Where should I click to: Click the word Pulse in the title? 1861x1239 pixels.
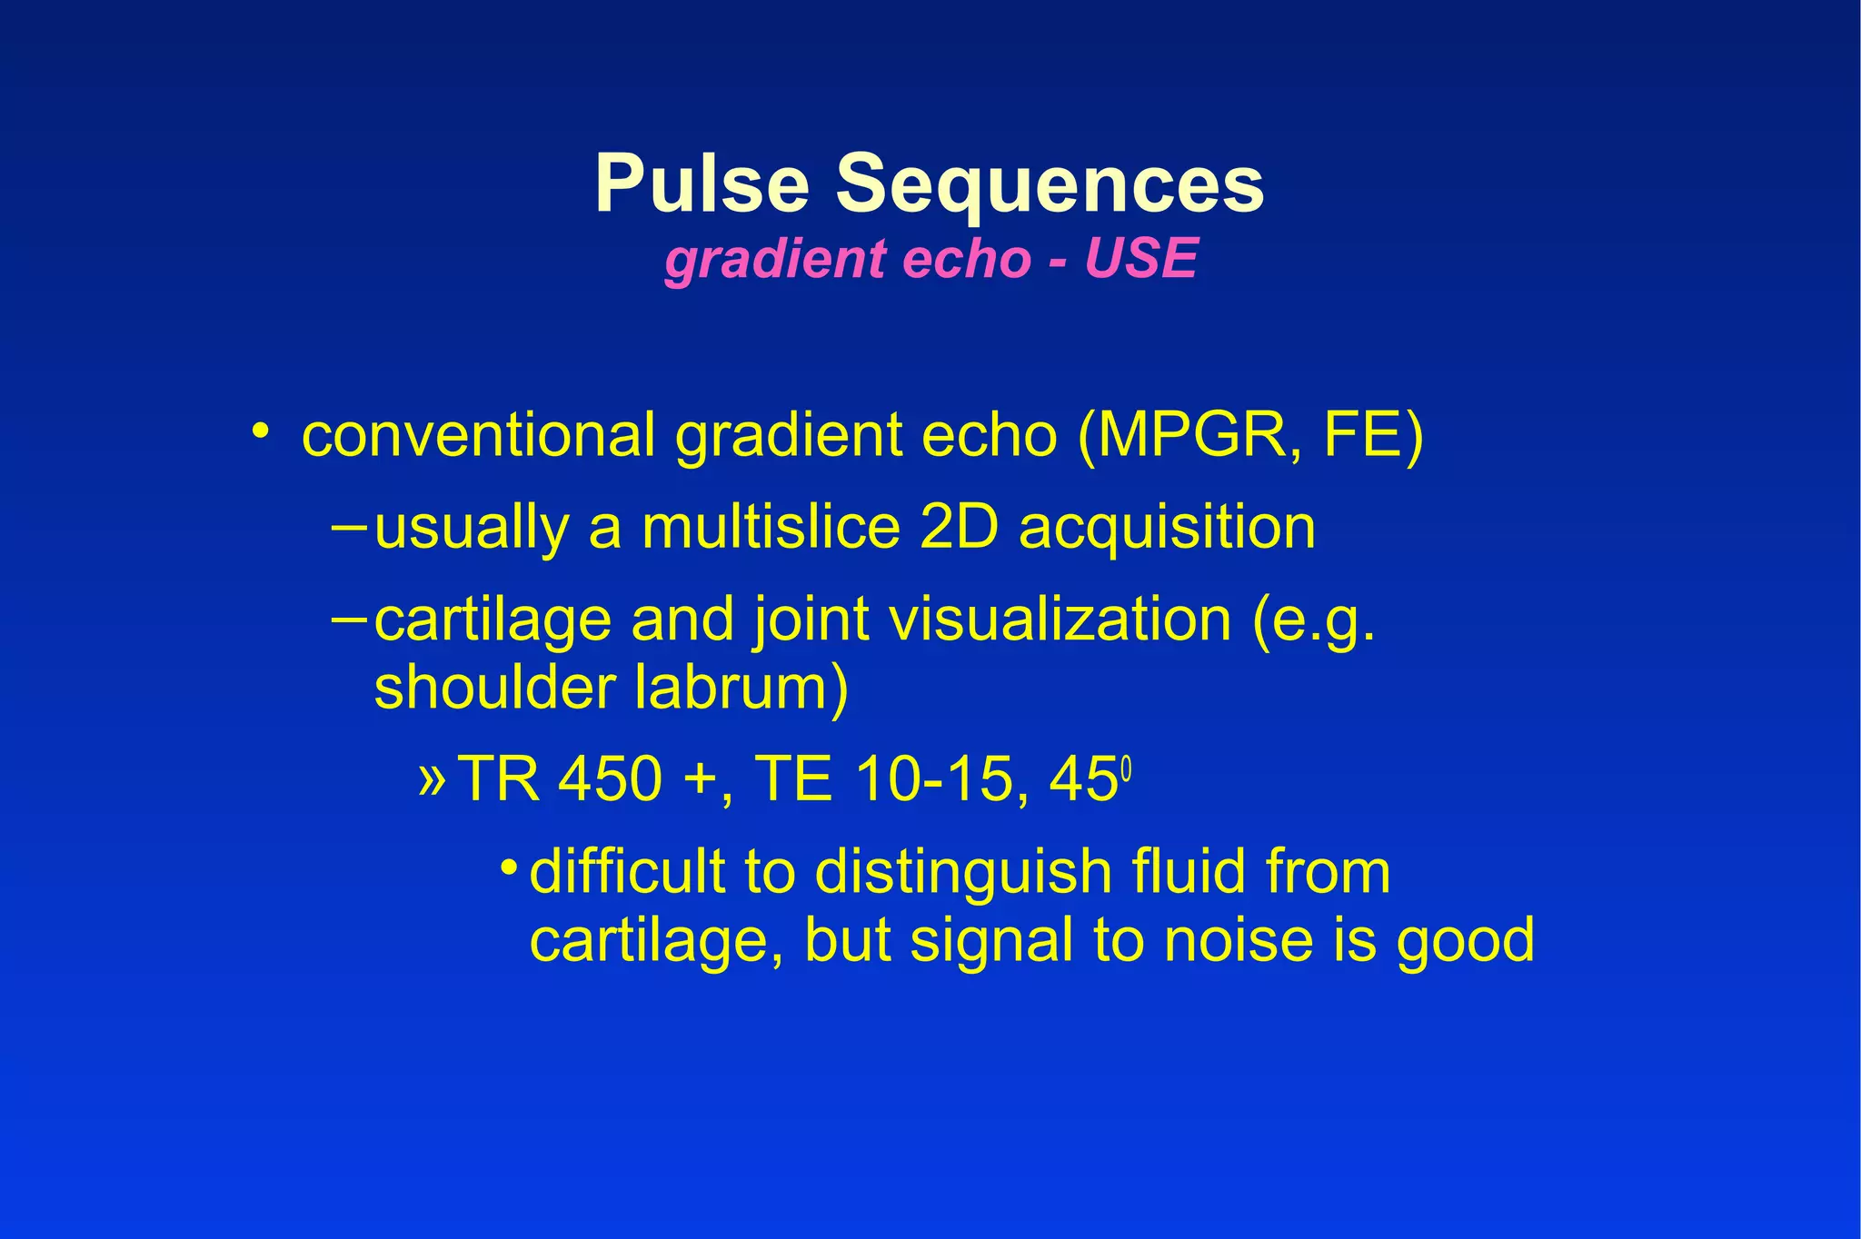[702, 184]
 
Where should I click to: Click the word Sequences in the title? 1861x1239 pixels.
[1050, 184]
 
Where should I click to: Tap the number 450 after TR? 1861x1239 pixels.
[610, 779]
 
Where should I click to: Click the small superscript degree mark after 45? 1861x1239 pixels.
[1126, 769]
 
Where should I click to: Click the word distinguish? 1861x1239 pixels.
[962, 873]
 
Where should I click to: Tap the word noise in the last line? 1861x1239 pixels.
[1238, 940]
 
